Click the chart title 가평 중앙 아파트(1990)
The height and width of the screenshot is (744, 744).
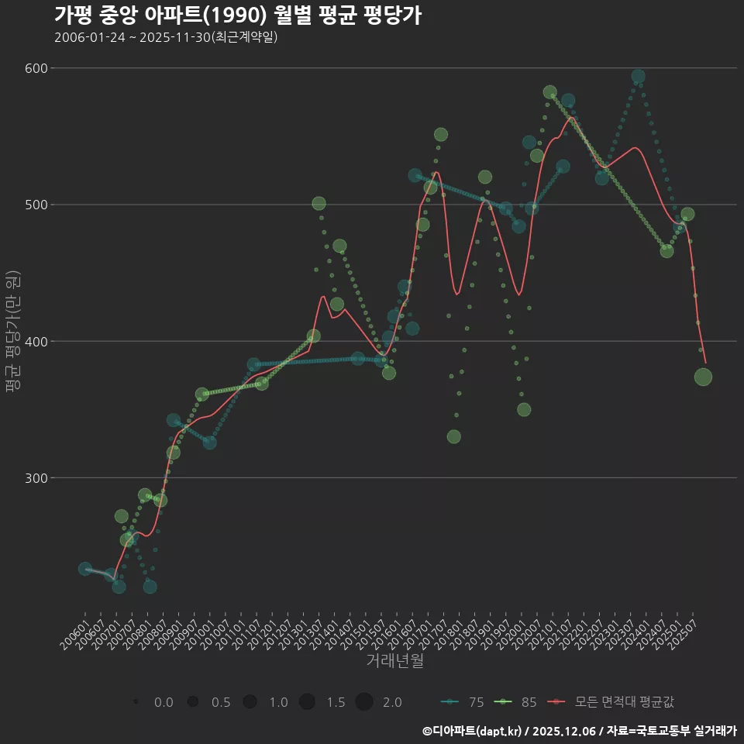click(x=237, y=15)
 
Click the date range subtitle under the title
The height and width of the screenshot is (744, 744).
click(x=166, y=38)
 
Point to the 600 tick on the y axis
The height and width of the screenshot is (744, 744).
click(x=36, y=68)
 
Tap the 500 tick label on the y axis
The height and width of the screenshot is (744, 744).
click(x=36, y=205)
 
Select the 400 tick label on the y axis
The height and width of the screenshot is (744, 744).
click(x=36, y=342)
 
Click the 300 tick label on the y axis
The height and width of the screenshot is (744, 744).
click(x=36, y=478)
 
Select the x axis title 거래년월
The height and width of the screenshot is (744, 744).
click(x=394, y=661)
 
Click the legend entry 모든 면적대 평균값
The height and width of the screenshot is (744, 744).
click(x=612, y=702)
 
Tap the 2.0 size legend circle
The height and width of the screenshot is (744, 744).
click(x=364, y=702)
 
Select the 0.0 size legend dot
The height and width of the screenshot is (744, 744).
click(x=136, y=702)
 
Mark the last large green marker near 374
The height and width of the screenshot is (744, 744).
click(x=703, y=377)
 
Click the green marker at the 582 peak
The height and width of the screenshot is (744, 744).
click(x=550, y=92)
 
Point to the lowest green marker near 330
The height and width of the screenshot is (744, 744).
click(x=454, y=437)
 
